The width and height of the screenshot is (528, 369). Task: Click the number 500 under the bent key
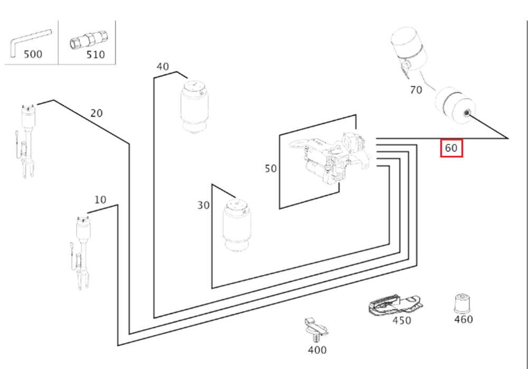(33, 54)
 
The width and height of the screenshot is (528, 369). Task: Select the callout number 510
(95, 54)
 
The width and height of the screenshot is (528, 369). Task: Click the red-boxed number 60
(451, 148)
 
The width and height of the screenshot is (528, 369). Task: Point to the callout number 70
(416, 90)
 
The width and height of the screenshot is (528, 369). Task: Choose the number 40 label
(163, 67)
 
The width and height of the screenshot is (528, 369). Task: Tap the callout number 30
(203, 205)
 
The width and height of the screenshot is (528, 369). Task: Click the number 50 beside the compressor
(270, 169)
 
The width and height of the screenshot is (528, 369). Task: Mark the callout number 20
(97, 113)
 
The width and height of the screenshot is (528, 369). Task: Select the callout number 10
(100, 200)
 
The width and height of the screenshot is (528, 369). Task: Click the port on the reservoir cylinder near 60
(467, 113)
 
